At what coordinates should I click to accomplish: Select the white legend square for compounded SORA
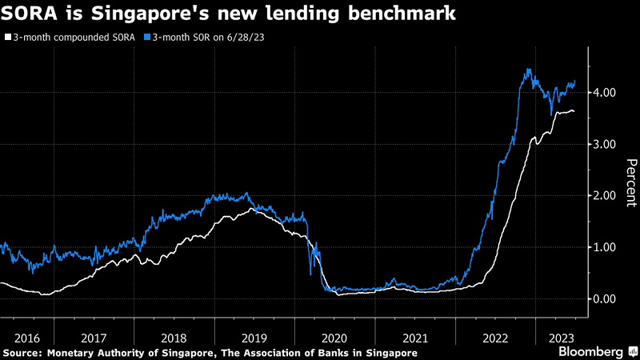click(7, 37)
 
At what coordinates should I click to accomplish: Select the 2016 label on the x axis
click(26, 338)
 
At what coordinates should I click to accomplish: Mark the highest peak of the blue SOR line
click(528, 70)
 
